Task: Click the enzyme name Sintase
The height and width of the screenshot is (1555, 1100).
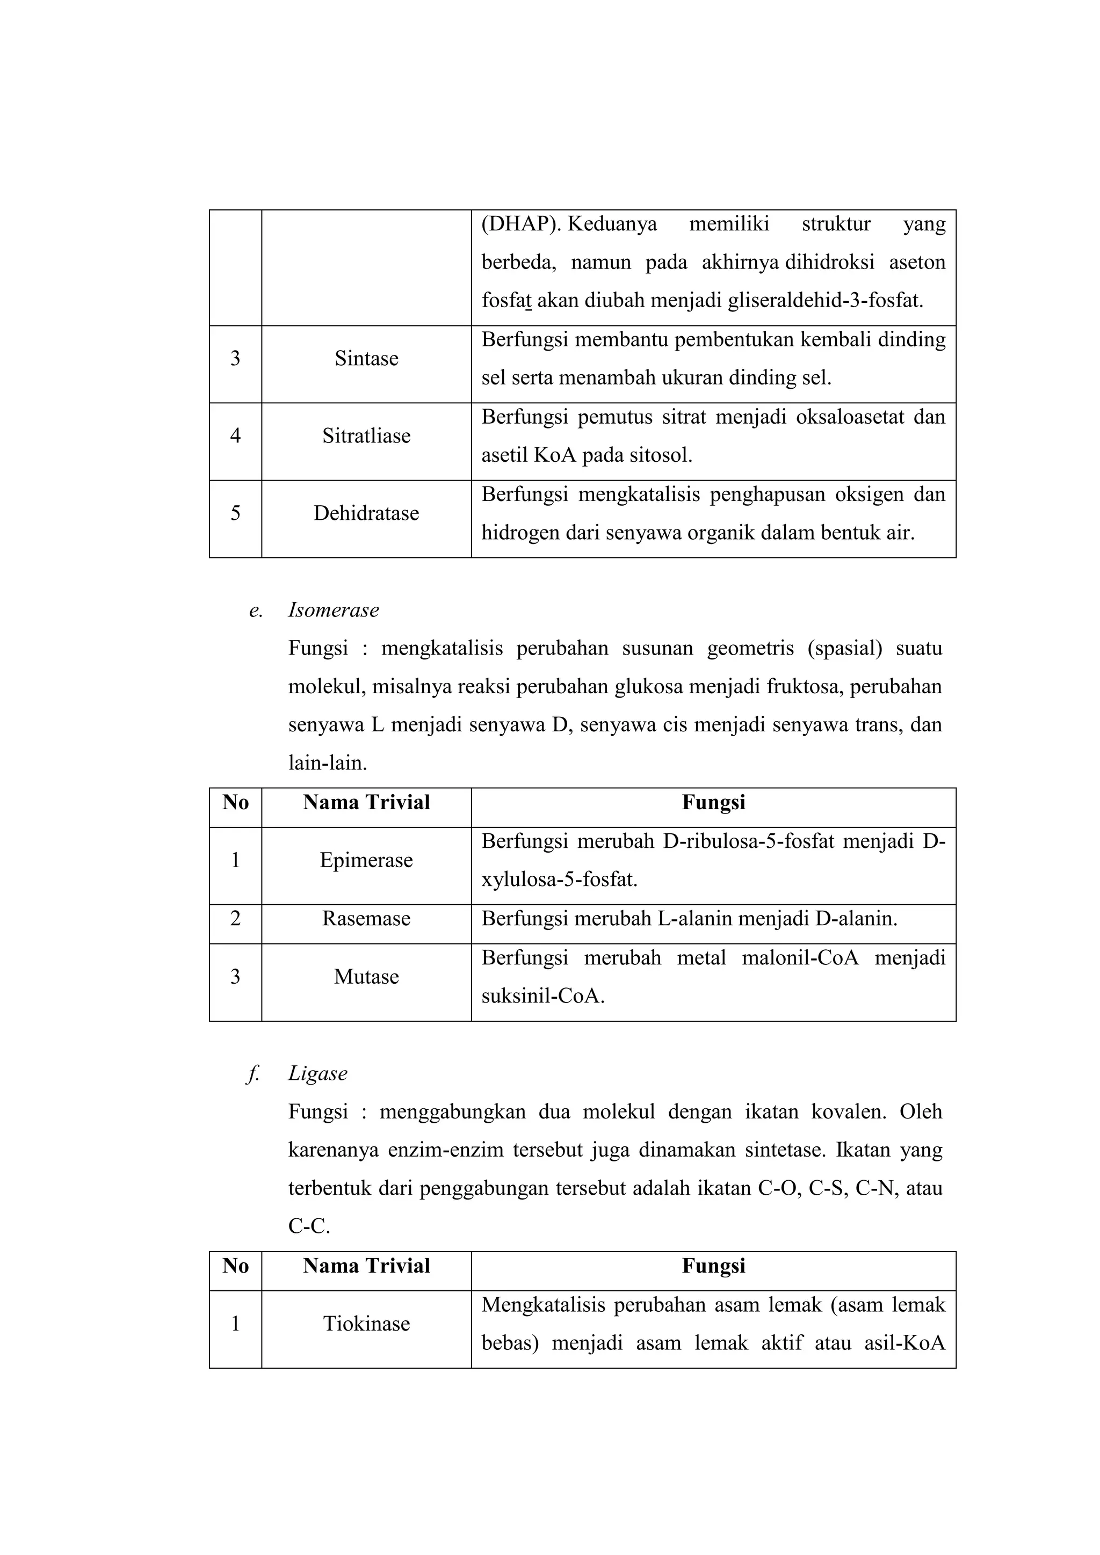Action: click(x=366, y=358)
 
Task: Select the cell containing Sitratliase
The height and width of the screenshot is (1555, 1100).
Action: click(x=366, y=435)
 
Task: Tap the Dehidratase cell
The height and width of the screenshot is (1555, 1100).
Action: click(x=366, y=513)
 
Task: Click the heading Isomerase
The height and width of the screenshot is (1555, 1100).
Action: click(x=333, y=609)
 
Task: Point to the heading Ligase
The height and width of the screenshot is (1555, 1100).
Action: click(x=317, y=1073)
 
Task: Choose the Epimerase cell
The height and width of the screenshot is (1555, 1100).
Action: click(x=366, y=860)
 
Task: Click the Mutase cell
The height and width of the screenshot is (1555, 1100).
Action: click(x=366, y=977)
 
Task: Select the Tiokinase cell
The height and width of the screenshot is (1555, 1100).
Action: click(x=366, y=1324)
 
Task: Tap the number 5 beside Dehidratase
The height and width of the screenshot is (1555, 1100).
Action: click(x=235, y=513)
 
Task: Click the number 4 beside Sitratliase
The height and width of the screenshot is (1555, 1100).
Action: click(x=235, y=435)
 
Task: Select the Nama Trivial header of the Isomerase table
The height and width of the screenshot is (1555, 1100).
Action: click(x=366, y=803)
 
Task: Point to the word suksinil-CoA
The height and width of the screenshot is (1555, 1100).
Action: click(x=542, y=996)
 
